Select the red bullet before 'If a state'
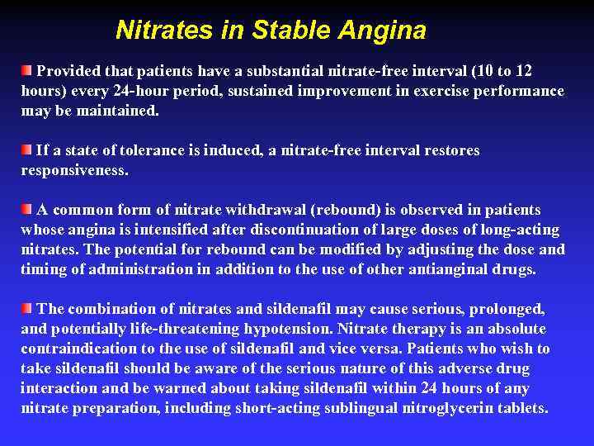pos(27,149)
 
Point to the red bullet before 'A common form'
pos(27,208)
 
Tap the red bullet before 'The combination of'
pos(27,307)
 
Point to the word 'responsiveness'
pos(74,171)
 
